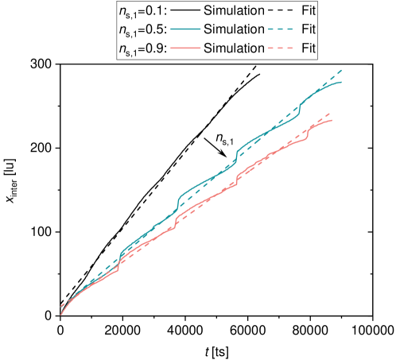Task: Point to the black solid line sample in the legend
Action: tap(184, 11)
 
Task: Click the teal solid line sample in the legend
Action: tap(184, 29)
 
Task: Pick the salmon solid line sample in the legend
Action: tap(184, 48)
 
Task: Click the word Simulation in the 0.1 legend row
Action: tap(233, 11)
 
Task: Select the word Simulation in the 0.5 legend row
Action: tap(233, 29)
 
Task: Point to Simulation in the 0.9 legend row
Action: tap(233, 48)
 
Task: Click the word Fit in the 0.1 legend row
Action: tap(309, 11)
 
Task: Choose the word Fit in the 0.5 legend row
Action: tap(309, 29)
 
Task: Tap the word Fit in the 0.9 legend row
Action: tap(309, 48)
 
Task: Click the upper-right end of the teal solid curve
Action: tap(342, 82)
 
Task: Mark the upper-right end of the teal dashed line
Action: tap(343, 70)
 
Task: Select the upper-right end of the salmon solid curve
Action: tap(332, 119)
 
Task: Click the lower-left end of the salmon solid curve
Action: tap(60, 315)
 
